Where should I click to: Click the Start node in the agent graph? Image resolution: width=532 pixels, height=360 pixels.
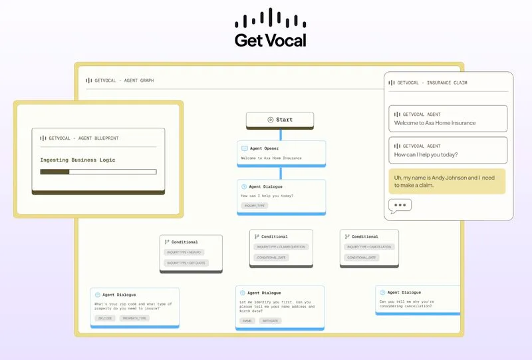pos(280,120)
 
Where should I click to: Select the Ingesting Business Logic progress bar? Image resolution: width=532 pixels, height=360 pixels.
pos(98,172)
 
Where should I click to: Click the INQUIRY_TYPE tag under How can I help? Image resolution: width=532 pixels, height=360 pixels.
pos(255,206)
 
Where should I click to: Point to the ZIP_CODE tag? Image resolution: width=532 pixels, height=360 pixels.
pos(105,318)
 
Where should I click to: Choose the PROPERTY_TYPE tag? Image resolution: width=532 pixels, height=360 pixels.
pos(134,318)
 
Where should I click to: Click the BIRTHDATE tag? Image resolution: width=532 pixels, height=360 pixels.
pos(271,321)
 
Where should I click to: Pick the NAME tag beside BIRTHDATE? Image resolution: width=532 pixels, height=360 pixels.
pos(247,321)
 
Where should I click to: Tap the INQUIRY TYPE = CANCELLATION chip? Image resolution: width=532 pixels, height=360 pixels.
pos(369,247)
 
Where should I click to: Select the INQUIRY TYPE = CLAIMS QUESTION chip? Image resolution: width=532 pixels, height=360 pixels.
pos(280,247)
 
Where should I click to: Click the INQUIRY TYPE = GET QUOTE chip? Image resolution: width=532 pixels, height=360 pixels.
pos(186,263)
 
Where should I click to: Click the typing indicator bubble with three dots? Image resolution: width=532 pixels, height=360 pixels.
pos(400,206)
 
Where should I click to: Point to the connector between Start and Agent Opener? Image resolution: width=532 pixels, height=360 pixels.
pos(280,134)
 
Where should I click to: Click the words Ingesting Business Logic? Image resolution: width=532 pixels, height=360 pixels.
pos(78,160)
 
